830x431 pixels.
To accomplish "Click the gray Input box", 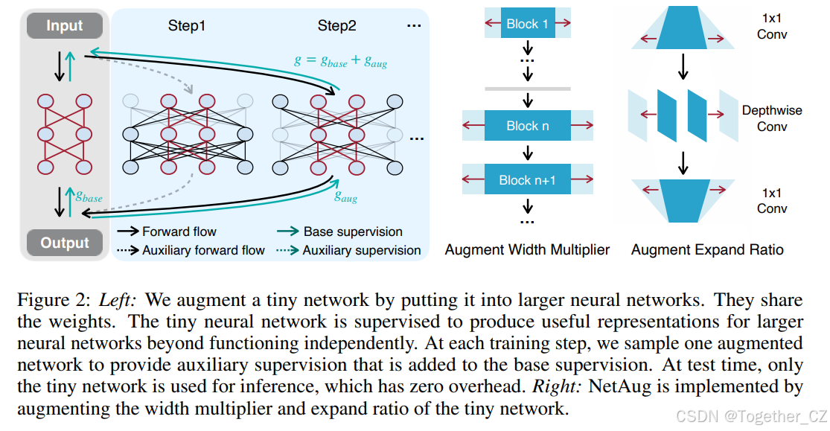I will [65, 26].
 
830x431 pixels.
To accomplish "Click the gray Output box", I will [65, 243].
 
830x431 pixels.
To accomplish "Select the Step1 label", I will [186, 26].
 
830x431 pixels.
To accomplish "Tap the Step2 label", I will [336, 26].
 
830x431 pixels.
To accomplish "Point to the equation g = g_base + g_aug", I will [340, 62].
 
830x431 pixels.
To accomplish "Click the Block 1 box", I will [527, 24].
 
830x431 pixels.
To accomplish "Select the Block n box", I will [527, 126].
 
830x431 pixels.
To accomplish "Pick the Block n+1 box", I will [527, 179].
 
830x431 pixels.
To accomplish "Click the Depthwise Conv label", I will [772, 118].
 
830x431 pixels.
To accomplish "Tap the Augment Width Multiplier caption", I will [527, 249].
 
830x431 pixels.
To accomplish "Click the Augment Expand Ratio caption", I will [707, 249].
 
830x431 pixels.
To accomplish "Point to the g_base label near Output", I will [88, 197].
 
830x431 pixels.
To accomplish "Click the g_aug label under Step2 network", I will [345, 197].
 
